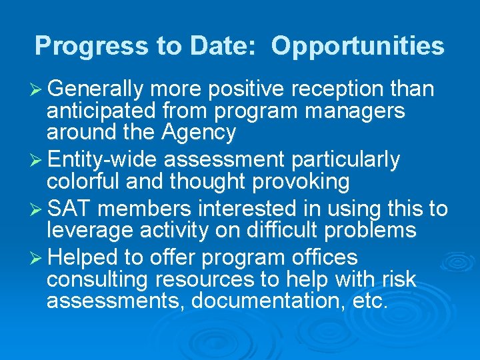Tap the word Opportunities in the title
point(357,46)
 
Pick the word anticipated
point(101,111)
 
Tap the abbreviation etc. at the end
point(369,302)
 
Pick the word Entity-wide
point(104,160)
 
